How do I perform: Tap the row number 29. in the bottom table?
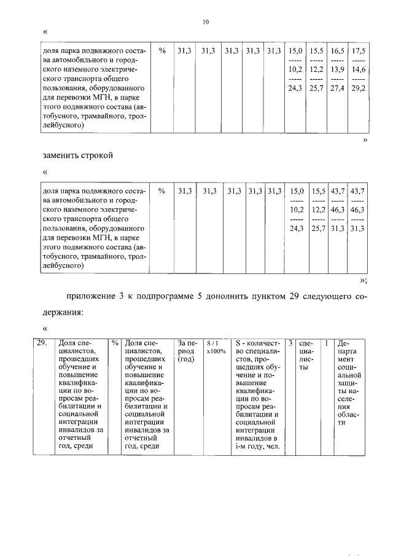pos(42,343)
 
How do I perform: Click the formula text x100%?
pos(216,351)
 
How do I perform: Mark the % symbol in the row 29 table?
pos(115,343)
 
